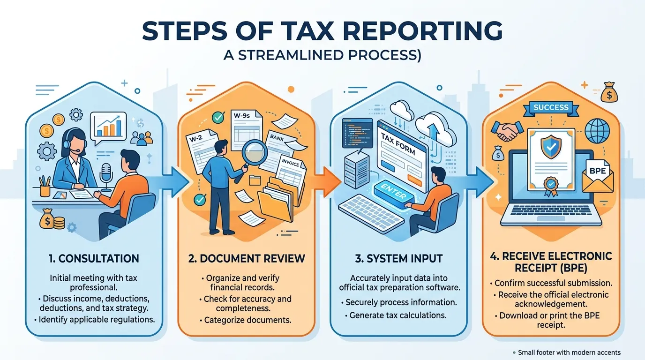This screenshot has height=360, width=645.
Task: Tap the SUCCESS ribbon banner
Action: pyautogui.click(x=551, y=108)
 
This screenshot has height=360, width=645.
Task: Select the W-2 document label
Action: pyautogui.click(x=196, y=138)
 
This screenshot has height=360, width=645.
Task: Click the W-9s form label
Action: pyautogui.click(x=241, y=116)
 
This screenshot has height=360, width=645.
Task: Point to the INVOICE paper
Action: pyautogui.click(x=291, y=173)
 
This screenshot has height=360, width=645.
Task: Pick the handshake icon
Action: pyautogui.click(x=507, y=131)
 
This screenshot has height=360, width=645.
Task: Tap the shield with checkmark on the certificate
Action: pyautogui.click(x=551, y=147)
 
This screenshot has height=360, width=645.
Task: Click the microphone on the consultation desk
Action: pyautogui.click(x=106, y=176)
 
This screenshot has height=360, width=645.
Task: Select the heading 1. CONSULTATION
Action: pyautogui.click(x=94, y=258)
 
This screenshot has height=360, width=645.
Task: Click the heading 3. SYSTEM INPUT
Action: pyautogui.click(x=398, y=258)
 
